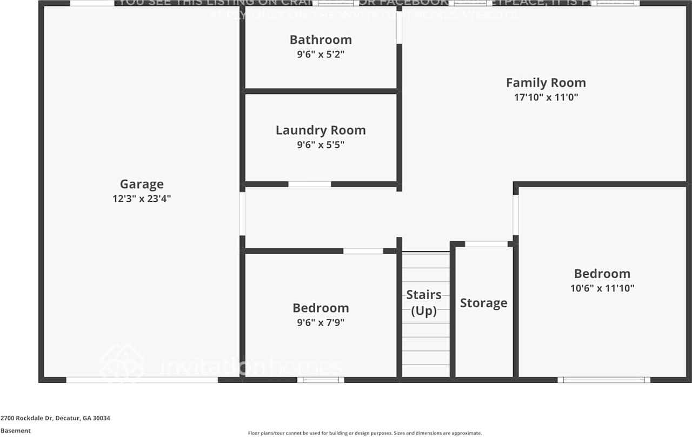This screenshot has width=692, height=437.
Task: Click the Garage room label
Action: coord(142,184)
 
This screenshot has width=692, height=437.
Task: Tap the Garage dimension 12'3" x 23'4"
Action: coord(142,198)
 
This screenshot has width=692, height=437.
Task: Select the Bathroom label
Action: coord(321,39)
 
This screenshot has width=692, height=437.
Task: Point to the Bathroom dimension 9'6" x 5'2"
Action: coord(321,54)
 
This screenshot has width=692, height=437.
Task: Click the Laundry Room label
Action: coord(321,130)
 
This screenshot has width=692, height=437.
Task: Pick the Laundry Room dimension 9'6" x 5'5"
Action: coord(321,145)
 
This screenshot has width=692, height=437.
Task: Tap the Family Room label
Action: coord(545,83)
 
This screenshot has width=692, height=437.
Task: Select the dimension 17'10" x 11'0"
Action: coord(545,97)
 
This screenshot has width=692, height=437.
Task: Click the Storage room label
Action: coord(483,303)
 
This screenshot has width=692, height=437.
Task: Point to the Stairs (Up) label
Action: coord(424,303)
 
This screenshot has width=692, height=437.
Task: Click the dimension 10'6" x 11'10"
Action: coord(602,288)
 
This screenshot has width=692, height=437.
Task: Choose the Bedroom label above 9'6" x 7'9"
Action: coord(321,308)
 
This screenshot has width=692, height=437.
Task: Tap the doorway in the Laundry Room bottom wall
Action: coord(309,184)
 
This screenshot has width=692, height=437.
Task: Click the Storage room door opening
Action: coord(486,244)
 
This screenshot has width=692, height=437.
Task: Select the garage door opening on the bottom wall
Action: coord(142,380)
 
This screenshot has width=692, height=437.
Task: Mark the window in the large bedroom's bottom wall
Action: coord(604,380)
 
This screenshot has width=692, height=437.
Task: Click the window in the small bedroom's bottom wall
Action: coord(321,380)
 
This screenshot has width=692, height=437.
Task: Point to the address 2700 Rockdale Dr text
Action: coord(55,418)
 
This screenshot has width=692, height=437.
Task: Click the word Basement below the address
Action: coord(15,431)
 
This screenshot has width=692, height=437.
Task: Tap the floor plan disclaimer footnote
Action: coord(364,433)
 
